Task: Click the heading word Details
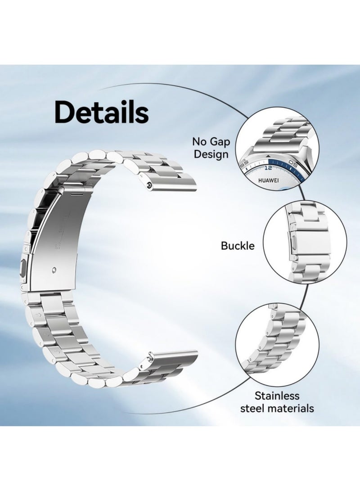pos(101,112)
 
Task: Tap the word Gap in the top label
pos(219,142)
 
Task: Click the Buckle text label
pos(238,246)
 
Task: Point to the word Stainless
pos(277,396)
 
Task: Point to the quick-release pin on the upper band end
pos(148,185)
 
